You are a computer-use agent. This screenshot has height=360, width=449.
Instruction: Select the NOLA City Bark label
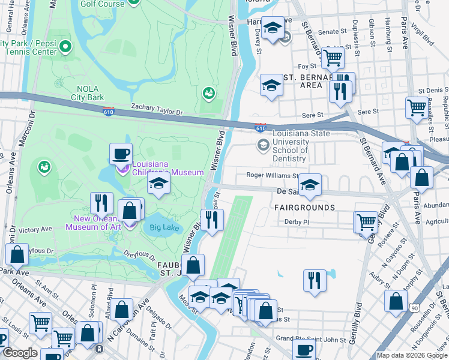coord(87,93)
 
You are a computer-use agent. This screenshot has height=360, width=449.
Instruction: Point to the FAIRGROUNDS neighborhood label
coord(304,208)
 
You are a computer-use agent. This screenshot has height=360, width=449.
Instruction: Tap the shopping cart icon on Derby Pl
coord(366,221)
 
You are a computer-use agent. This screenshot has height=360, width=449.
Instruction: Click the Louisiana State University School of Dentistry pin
coord(263,145)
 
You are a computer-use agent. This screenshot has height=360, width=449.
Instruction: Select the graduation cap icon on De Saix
coord(310,185)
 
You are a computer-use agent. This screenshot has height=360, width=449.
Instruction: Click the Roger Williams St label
coord(272,176)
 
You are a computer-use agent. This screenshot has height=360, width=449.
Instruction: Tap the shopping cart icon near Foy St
coord(332,58)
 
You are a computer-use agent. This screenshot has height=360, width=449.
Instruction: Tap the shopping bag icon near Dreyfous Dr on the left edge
coord(17,254)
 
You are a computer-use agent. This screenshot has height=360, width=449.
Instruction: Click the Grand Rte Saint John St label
coord(312,340)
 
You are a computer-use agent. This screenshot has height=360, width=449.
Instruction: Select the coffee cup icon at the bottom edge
coord(304,350)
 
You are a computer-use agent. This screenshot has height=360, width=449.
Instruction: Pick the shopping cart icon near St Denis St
coord(416,107)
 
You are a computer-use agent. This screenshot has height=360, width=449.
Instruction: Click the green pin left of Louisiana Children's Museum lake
coord(43,166)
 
